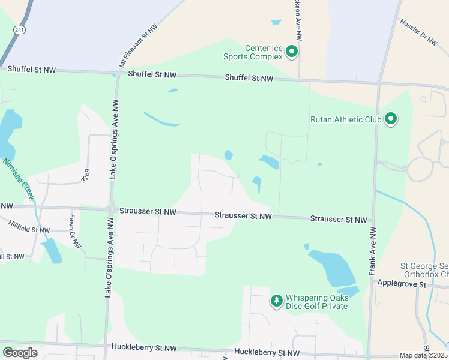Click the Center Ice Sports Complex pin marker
(x=292, y=52)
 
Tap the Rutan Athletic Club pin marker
(x=391, y=119)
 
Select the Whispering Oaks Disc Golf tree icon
(x=276, y=299)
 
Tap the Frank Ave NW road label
(x=373, y=251)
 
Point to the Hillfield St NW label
(x=29, y=229)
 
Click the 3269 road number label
(x=86, y=175)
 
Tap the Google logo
(x=20, y=353)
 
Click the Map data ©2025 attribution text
(x=424, y=355)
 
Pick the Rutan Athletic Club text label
(x=346, y=119)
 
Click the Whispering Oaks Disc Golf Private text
(x=316, y=302)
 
